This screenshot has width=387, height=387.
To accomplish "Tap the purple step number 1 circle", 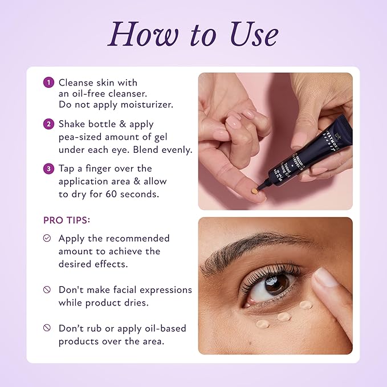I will [50, 83].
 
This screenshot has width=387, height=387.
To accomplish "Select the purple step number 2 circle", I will [50, 124].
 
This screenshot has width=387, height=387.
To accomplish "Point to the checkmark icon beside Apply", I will [47, 238].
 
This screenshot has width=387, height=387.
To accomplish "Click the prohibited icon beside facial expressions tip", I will [47, 290].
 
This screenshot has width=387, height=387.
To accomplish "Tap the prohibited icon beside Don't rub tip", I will [47, 328].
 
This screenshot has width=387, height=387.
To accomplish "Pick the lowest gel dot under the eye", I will [262, 324].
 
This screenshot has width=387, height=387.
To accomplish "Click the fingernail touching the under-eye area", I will [327, 278].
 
